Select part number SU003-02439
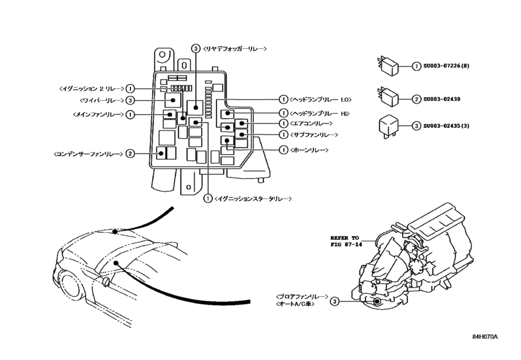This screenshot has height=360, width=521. tap(447, 100)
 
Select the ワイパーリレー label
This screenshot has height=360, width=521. tap(101, 100)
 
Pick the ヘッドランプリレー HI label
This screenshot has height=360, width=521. tap(320, 113)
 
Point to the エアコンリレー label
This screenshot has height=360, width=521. tap(311, 123)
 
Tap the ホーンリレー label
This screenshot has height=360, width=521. tap(309, 150)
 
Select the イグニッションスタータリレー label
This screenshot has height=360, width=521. tap(254, 199)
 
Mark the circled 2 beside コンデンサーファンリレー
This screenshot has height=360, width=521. tap(130, 154)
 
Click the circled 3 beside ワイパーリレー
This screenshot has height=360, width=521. tap(130, 100)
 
